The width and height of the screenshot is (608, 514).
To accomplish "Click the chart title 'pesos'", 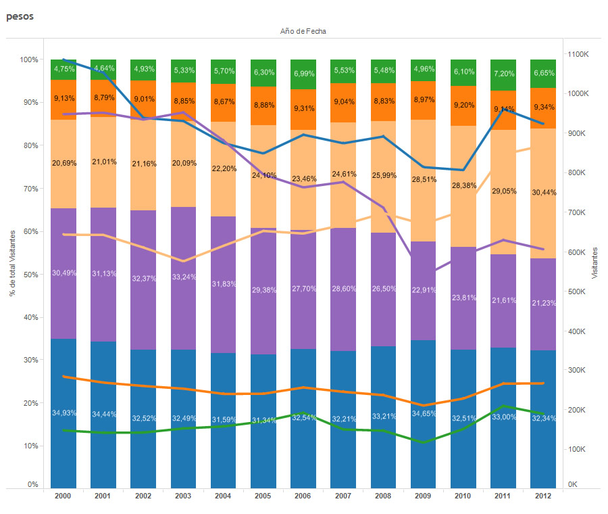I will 20,16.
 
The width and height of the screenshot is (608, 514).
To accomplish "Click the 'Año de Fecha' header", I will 303,31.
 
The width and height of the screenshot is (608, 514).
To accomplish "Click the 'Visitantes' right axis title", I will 595,263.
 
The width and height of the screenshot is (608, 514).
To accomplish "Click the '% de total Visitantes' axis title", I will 12,263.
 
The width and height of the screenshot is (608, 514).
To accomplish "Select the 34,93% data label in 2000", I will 64,413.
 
